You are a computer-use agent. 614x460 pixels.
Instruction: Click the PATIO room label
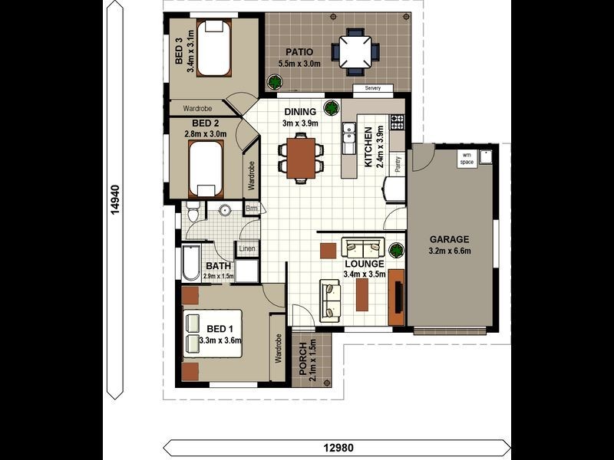[299, 51]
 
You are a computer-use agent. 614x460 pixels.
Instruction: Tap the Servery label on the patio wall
[373, 88]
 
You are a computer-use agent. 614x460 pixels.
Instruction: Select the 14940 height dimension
[114, 199]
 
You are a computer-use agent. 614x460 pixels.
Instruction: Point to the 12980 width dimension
[338, 448]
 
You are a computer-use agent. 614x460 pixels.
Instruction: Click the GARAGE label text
[449, 239]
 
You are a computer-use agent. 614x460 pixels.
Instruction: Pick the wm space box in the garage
[467, 159]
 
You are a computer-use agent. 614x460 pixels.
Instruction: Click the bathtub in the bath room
[191, 262]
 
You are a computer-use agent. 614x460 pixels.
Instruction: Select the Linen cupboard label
[247, 248]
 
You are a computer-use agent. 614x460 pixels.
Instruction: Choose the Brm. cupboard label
[253, 209]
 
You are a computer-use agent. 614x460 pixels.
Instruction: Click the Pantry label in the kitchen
[398, 165]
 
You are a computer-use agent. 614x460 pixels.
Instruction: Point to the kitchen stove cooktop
[397, 122]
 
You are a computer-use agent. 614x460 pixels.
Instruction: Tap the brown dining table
[301, 158]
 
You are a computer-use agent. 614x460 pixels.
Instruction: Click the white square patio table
[355, 52]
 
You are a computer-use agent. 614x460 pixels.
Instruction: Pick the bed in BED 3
[214, 48]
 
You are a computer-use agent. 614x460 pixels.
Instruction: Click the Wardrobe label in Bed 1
[279, 348]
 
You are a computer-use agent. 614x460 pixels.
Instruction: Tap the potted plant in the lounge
[397, 250]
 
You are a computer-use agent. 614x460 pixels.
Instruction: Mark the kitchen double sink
[348, 138]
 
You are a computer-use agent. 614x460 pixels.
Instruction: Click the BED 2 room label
[205, 123]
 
